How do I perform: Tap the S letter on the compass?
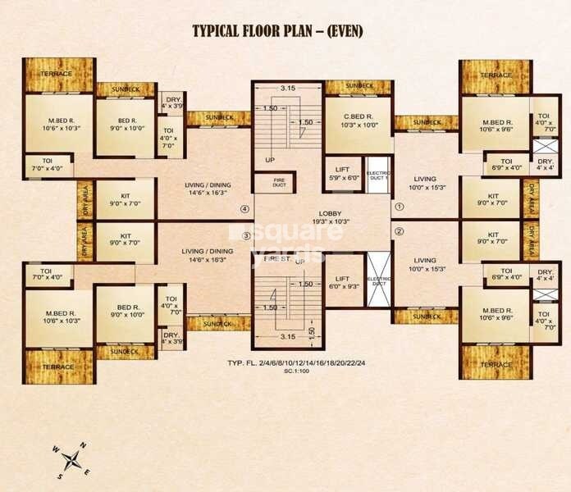(x=60, y=475)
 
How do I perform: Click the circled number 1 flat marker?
(x=400, y=208)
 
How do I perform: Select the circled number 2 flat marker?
(x=400, y=231)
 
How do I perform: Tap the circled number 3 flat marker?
(x=244, y=237)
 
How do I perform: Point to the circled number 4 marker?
(x=244, y=208)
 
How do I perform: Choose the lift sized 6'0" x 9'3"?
(x=343, y=284)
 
